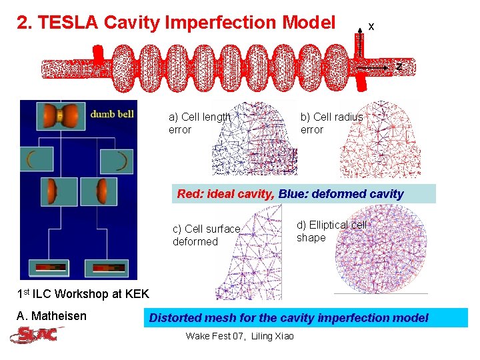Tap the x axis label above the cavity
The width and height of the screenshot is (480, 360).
pyautogui.click(x=371, y=27)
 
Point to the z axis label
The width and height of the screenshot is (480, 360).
pyautogui.click(x=399, y=67)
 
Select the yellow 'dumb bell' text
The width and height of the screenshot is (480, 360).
pyautogui.click(x=112, y=113)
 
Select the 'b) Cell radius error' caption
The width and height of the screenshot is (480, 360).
pyautogui.click(x=331, y=123)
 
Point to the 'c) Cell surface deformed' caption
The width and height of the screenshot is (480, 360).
pyautogui.click(x=206, y=235)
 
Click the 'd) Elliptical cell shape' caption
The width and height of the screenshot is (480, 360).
pyautogui.click(x=331, y=231)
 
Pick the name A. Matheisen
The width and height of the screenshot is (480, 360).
pyautogui.click(x=51, y=316)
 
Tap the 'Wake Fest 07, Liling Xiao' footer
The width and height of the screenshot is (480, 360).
pyautogui.click(x=239, y=336)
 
